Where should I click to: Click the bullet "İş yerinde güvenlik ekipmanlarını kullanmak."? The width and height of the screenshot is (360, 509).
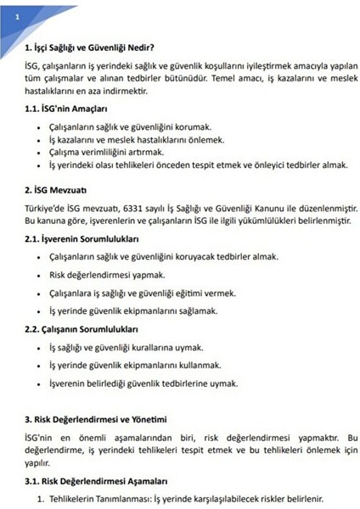[x=136, y=365]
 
